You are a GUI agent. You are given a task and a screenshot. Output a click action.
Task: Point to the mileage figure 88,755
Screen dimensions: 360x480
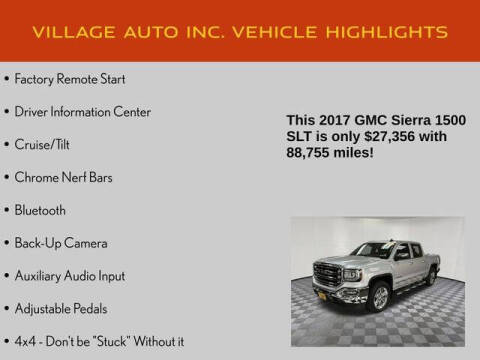pyautogui.click(x=312, y=154)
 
